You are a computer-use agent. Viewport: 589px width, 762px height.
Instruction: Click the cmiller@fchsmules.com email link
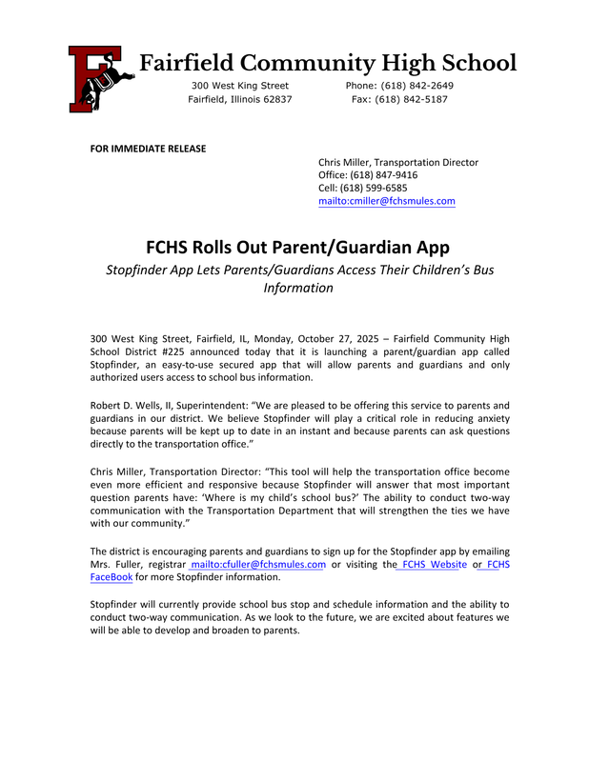[386, 201]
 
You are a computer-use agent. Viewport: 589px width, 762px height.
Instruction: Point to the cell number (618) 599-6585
[375, 188]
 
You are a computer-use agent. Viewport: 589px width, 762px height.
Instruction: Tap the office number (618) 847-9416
[379, 175]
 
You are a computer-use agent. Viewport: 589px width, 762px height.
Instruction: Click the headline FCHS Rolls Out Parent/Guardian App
[297, 248]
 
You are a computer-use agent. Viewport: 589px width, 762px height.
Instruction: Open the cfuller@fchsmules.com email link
[259, 564]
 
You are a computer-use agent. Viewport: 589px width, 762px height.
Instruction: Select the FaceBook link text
[112, 577]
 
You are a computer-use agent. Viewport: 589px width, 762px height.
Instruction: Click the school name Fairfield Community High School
[328, 64]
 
